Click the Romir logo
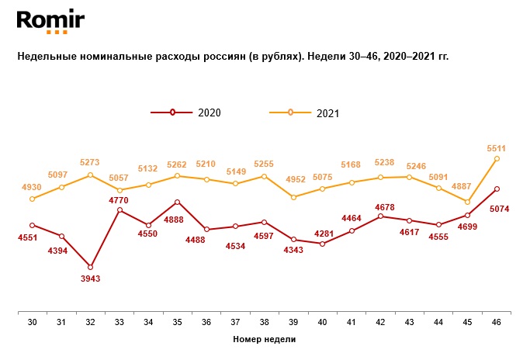click(x=50, y=21)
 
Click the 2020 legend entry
click(x=186, y=112)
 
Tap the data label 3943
click(x=91, y=279)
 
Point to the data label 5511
click(x=497, y=147)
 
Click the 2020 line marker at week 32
click(x=91, y=267)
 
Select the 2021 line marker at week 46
click(x=497, y=158)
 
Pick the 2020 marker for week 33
click(x=120, y=209)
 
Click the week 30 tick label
click(x=33, y=321)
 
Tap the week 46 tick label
click(x=497, y=321)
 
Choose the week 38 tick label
click(x=265, y=321)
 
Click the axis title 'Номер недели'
click(x=265, y=339)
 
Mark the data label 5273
click(x=91, y=163)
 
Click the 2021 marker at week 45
click(x=468, y=202)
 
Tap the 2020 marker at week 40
click(x=323, y=244)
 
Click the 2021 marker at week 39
click(x=294, y=197)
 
